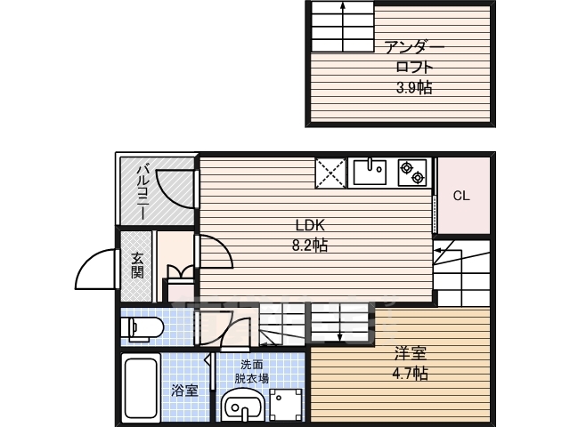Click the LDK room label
(x=310, y=225)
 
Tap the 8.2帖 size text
(x=310, y=246)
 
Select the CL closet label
(x=461, y=196)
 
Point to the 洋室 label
(x=411, y=353)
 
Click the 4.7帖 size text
(x=410, y=374)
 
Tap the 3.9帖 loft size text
(x=414, y=87)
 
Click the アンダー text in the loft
(x=414, y=47)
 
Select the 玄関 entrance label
(x=136, y=265)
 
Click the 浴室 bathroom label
(x=184, y=391)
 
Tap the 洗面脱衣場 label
(x=251, y=371)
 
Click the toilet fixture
(x=142, y=329)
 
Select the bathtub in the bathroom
(x=141, y=388)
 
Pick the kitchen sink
(x=370, y=172)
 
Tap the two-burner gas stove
(x=412, y=173)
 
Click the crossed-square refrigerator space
(x=330, y=173)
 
